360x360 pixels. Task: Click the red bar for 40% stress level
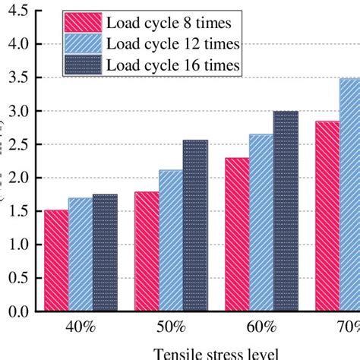pyautogui.click(x=56, y=261)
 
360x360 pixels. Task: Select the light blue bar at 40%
pyautogui.click(x=81, y=254)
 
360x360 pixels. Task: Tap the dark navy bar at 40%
pyautogui.click(x=105, y=253)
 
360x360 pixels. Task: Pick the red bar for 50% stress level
pyautogui.click(x=147, y=251)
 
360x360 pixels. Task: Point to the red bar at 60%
pyautogui.click(x=237, y=235)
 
